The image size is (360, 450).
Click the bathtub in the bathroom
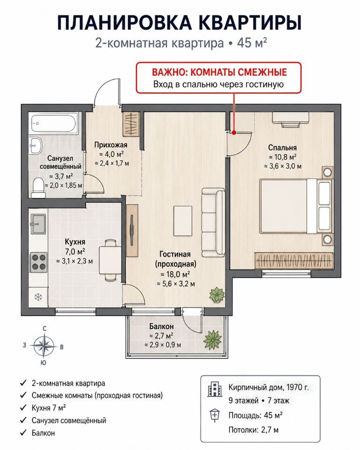coord(54,123)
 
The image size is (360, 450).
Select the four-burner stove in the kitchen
coord(39,262)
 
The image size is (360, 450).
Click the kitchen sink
coord(38,224)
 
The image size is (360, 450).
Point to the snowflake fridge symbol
coord(38,297)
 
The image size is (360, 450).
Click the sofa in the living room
coord(213,222)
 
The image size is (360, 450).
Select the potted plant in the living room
coord(217,295)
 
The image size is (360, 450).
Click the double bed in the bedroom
coord(296,206)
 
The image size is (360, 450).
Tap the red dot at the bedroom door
coord(234,133)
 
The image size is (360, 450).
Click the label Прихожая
coord(111,145)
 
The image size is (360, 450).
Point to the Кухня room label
coord(75,242)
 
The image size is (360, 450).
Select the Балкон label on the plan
coord(161,326)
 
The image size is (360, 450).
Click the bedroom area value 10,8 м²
coord(283,157)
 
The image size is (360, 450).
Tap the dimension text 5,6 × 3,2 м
coord(176,284)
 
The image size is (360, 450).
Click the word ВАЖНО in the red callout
coord(169,72)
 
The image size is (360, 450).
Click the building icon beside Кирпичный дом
coord(215,389)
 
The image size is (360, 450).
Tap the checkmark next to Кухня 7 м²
coord(23,407)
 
